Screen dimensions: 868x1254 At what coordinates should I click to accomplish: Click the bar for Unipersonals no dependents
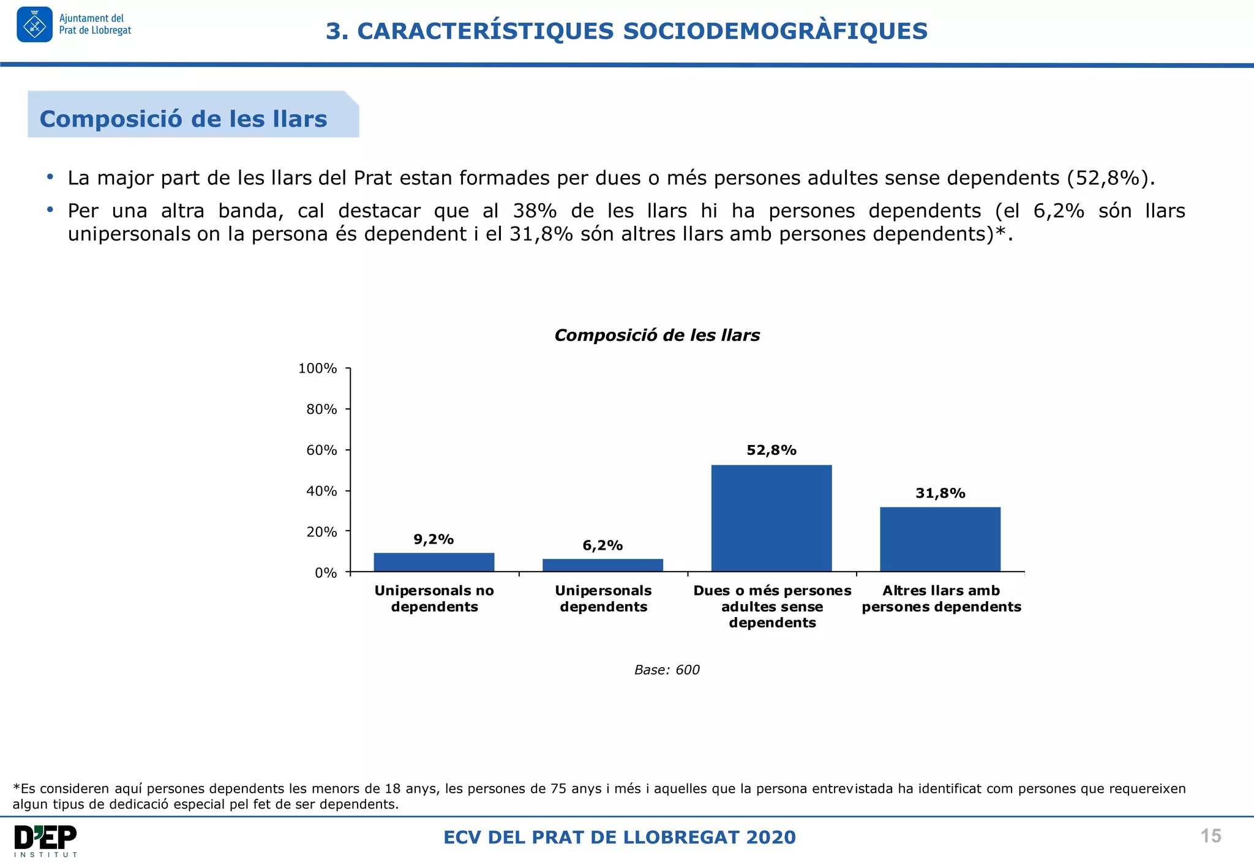point(434,562)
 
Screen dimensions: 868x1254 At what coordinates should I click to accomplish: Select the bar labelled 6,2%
point(603,565)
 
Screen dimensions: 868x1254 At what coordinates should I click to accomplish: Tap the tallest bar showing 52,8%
point(771,518)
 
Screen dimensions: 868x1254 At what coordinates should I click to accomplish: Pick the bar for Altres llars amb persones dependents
point(940,539)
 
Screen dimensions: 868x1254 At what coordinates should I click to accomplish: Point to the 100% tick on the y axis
point(317,369)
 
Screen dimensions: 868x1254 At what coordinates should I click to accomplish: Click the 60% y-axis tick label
point(321,451)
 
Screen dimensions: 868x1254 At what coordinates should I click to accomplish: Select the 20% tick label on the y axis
point(321,532)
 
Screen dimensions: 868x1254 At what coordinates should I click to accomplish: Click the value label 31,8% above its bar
point(940,493)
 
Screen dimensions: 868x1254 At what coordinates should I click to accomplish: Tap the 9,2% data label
point(434,539)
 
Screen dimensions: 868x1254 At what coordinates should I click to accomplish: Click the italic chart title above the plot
point(656,335)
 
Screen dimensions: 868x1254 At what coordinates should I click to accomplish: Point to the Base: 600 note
point(666,670)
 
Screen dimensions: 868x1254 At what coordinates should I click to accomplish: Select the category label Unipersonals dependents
point(603,599)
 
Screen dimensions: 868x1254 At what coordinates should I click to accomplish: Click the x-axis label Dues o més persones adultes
point(772,606)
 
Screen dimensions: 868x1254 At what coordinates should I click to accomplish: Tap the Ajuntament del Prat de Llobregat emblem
point(35,24)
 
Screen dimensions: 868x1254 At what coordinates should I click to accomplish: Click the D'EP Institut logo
point(45,840)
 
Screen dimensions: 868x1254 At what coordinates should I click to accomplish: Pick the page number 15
point(1211,836)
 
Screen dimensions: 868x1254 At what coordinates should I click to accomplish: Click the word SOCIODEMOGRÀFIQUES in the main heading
point(775,31)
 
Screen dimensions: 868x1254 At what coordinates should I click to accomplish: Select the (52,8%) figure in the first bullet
point(1109,178)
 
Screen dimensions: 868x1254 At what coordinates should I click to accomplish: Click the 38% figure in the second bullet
point(535,211)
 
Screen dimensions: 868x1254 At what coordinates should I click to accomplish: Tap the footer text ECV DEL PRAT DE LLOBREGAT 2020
point(619,837)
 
